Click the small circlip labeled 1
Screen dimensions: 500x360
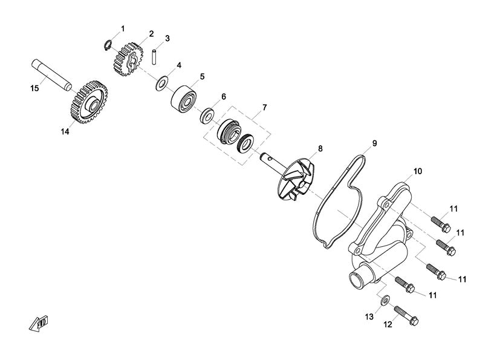click(108, 45)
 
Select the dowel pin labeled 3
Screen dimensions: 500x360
click(154, 57)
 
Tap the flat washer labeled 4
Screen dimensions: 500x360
click(162, 83)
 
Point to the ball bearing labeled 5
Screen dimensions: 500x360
click(184, 99)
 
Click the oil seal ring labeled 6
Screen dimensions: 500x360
click(207, 116)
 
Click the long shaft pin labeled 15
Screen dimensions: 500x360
click(51, 74)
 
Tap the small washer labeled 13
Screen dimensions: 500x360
click(386, 299)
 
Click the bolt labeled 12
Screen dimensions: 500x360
click(406, 315)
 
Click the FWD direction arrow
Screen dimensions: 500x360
click(39, 322)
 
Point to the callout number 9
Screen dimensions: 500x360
click(374, 143)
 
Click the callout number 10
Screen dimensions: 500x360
click(417, 171)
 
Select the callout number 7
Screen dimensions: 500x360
click(264, 107)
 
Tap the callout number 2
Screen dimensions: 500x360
click(151, 33)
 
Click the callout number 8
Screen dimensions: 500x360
click(320, 148)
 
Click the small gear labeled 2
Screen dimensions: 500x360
click(128, 59)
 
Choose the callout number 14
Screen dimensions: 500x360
click(65, 131)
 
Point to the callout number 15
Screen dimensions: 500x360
click(34, 88)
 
